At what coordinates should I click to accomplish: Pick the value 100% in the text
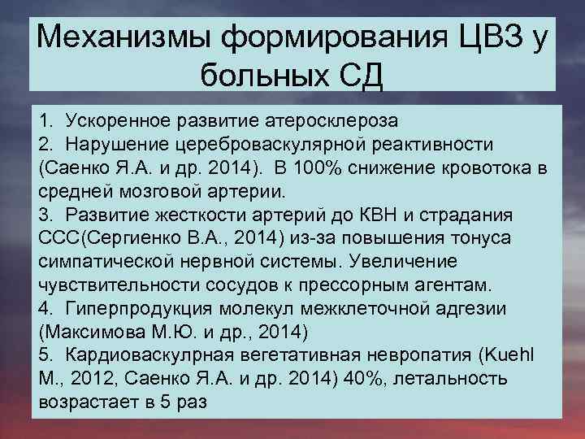[344, 167]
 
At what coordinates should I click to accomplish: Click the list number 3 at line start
[44, 215]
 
